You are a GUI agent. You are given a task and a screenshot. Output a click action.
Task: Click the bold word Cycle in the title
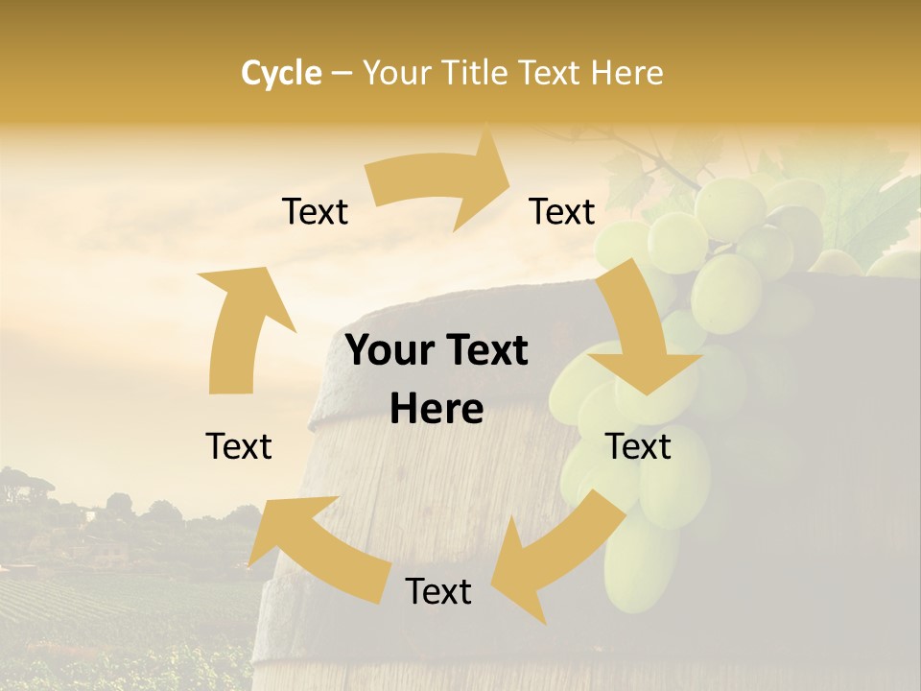(281, 73)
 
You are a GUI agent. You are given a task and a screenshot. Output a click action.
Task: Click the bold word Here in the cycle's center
(437, 410)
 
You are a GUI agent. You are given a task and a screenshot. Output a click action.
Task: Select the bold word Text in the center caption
(484, 351)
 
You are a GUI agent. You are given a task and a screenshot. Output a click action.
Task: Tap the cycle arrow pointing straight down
(638, 331)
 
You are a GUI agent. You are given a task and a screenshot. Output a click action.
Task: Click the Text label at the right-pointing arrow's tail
(315, 212)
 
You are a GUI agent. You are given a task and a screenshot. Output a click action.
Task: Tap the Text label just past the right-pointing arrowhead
(562, 212)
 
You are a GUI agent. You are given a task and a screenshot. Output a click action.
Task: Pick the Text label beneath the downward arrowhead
(638, 447)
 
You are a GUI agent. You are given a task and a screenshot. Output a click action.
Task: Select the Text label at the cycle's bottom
(438, 592)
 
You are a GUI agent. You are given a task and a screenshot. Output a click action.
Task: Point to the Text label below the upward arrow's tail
(239, 447)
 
